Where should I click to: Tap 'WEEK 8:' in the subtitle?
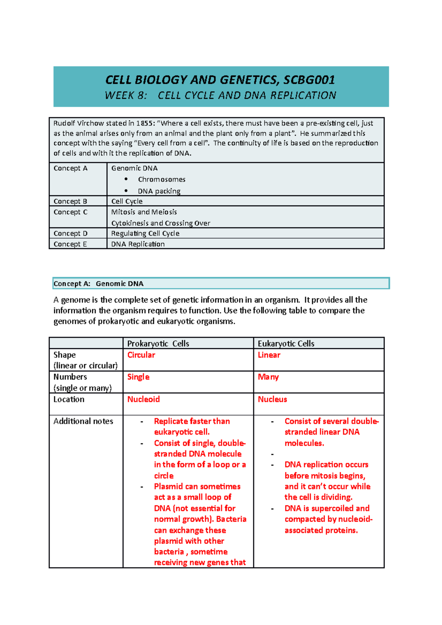point(126,96)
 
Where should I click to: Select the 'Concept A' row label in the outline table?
point(70,168)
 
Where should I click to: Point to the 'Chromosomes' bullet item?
point(161,180)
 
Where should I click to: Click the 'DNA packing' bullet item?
point(159,191)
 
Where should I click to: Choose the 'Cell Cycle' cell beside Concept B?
point(127,201)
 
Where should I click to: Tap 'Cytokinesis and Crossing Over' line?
point(161,223)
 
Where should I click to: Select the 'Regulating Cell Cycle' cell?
point(145,233)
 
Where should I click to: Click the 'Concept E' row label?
point(70,244)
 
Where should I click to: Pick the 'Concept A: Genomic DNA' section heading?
point(99,283)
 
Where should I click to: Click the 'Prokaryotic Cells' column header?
point(158,343)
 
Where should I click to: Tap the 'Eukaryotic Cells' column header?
point(286,343)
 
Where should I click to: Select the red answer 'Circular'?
point(141,355)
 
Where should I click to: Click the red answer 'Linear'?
point(269,355)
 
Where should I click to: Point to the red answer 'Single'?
point(138,377)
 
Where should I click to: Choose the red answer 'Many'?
point(268,377)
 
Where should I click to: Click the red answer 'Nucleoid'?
point(143,399)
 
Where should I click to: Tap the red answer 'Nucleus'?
point(272,399)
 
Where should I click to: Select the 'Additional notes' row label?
point(83,421)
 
